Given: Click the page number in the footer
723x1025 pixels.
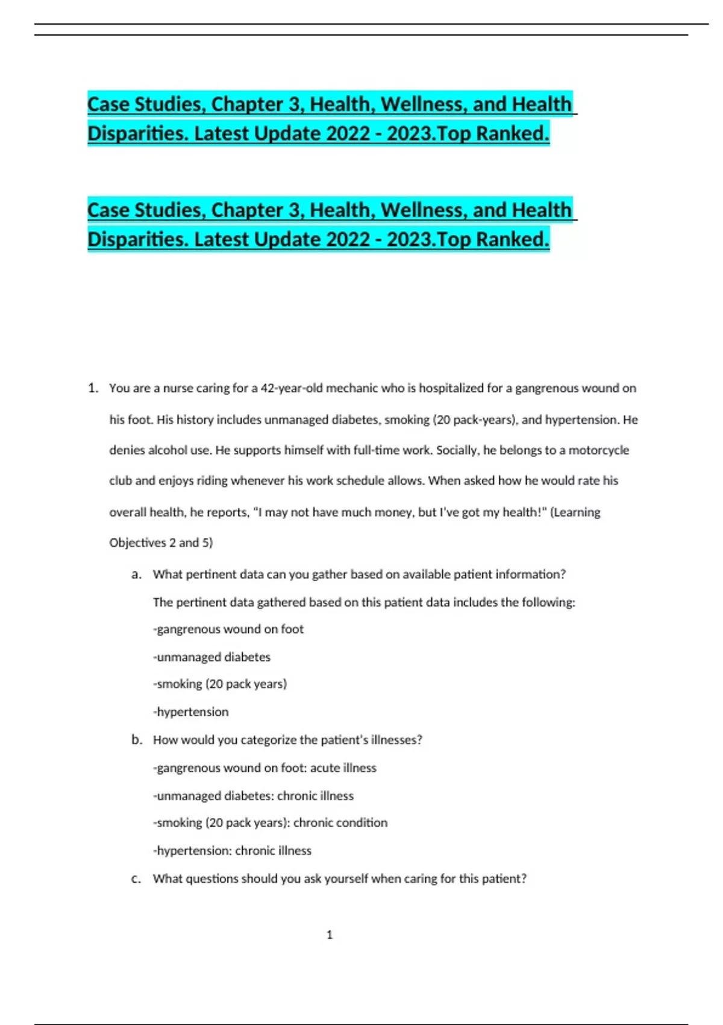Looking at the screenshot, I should [x=330, y=935].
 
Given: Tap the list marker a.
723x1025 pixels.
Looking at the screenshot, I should [x=137, y=575].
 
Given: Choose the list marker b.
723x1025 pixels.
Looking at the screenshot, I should [x=137, y=740].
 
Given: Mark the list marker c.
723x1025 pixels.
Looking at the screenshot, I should [x=136, y=879].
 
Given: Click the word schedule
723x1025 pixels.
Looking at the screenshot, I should [x=360, y=481].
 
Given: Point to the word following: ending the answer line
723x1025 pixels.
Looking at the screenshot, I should [x=549, y=602].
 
